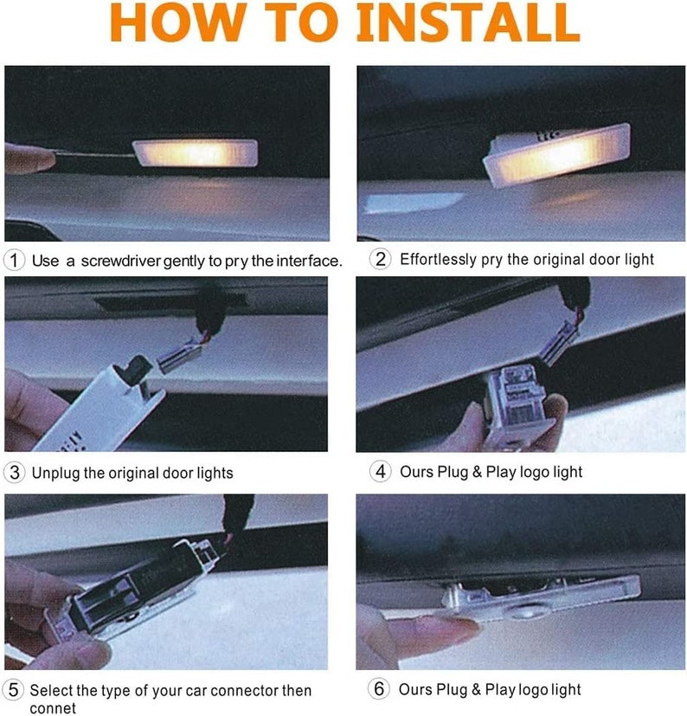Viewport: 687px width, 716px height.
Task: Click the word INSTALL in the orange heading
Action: click(x=468, y=22)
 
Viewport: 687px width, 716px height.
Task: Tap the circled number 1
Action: click(x=14, y=261)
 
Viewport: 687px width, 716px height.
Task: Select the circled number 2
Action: click(x=380, y=259)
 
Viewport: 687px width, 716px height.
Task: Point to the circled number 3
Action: click(x=14, y=473)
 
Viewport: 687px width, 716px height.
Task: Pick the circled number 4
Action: click(x=380, y=471)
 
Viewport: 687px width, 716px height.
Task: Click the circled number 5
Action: click(x=14, y=689)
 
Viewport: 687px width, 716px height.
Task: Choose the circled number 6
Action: click(x=379, y=688)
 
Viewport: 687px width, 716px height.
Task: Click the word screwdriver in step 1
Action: click(x=121, y=261)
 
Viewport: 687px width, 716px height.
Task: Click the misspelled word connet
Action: click(x=53, y=708)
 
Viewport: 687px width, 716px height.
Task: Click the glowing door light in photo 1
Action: click(x=196, y=153)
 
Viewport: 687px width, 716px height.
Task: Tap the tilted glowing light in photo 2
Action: click(x=557, y=154)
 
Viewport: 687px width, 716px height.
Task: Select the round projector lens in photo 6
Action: click(x=528, y=610)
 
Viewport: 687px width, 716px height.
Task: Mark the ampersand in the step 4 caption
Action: click(x=477, y=472)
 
